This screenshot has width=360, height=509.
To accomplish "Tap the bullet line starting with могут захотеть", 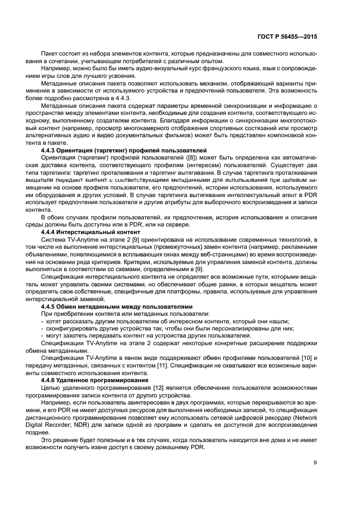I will (x=147, y=335).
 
